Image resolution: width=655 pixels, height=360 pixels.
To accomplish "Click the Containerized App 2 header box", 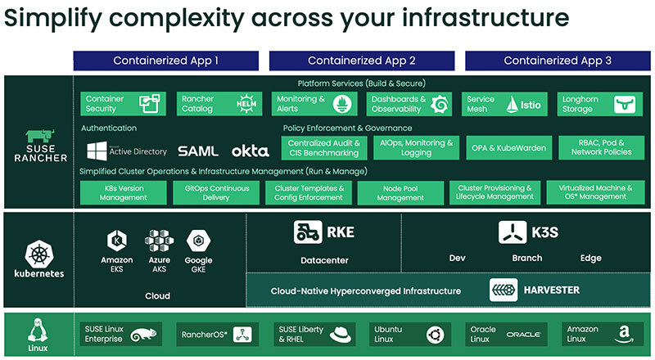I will coord(362,61).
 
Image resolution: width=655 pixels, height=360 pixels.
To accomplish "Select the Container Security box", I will coord(121,104).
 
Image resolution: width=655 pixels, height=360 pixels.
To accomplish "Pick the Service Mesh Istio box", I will coord(503,104).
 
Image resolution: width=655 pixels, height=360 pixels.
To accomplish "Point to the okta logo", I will coord(250,151).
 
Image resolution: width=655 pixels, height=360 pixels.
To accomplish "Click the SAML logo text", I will coord(198,151).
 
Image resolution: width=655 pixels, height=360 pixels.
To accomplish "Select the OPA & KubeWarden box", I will coord(503,148).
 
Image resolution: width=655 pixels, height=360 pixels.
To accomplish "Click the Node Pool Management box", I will coord(402,193).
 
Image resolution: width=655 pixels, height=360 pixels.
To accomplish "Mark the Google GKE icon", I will coord(198,241).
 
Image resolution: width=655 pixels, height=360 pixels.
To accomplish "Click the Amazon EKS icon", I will coord(116,241).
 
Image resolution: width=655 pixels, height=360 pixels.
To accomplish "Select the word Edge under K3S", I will coord(590,259).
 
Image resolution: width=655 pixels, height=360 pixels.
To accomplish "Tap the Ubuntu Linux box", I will coord(407,334).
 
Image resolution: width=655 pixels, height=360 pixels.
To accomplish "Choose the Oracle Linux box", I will coord(503,334).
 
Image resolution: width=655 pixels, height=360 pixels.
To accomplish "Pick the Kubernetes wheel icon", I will coord(37,251).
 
